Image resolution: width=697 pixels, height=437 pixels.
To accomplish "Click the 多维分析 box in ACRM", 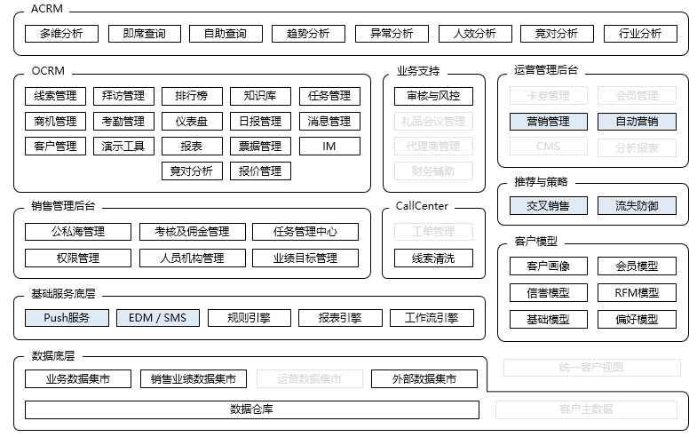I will click(x=61, y=34).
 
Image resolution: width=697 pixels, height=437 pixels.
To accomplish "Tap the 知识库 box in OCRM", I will click(x=260, y=96).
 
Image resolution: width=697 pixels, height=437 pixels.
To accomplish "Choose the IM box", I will click(x=329, y=146).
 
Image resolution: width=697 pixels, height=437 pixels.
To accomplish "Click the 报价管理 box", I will click(x=260, y=171).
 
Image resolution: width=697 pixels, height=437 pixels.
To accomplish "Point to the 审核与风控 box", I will click(x=433, y=96).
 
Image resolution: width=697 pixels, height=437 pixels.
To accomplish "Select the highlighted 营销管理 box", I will click(x=548, y=122).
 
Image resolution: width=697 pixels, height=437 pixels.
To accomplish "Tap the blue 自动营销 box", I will click(x=637, y=122).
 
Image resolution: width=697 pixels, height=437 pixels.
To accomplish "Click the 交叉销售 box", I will click(x=548, y=206).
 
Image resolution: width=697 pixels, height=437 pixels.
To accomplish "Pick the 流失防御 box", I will click(x=637, y=206).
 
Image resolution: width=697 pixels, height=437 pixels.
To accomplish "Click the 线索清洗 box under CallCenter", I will click(x=433, y=258).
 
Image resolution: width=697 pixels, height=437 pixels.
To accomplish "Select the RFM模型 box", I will click(x=637, y=292).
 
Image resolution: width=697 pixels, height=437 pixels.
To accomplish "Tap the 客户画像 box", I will click(x=548, y=266).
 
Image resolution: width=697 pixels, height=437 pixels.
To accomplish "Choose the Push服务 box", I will click(x=67, y=317).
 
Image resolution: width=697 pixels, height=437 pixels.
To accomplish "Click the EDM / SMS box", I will click(x=157, y=317).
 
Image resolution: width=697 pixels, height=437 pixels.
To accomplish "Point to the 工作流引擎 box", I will click(x=432, y=317).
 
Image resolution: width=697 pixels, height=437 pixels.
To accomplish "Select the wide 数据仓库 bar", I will click(x=251, y=409).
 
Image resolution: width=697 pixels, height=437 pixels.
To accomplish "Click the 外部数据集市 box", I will click(x=424, y=379).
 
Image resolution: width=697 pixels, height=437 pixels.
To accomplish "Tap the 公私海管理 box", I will click(x=77, y=232).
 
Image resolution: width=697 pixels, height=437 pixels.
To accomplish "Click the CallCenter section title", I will click(x=422, y=206).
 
